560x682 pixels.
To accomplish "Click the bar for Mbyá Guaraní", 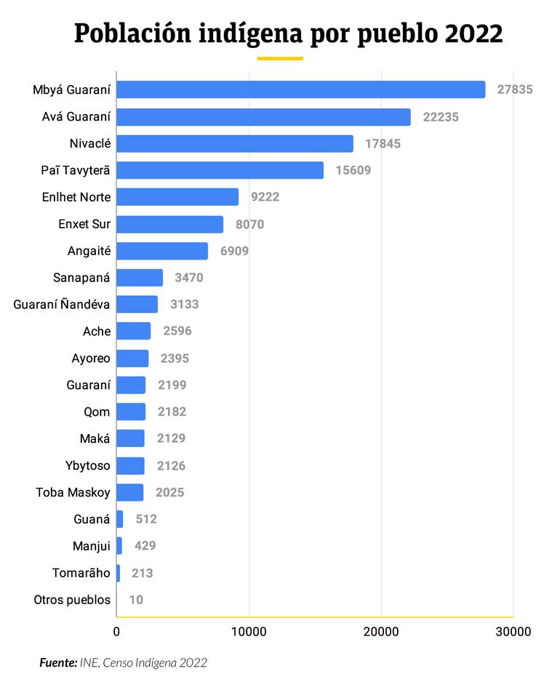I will [x=300, y=89].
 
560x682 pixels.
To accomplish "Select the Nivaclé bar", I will [x=234, y=143].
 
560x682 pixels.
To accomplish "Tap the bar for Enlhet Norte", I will [x=177, y=197].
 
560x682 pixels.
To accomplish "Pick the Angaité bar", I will [x=161, y=251].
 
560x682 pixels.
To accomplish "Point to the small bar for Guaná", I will [x=119, y=519].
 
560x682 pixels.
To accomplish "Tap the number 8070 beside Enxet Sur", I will [x=249, y=224].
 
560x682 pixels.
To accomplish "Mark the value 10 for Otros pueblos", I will [x=136, y=600].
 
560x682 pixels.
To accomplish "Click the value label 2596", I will [x=177, y=332].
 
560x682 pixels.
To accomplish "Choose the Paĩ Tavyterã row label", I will [x=76, y=170].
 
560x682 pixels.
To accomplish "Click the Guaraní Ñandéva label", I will [x=62, y=305].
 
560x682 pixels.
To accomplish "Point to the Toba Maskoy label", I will [x=73, y=492].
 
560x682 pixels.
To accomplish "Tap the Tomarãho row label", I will [x=81, y=573].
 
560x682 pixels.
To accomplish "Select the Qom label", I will [x=97, y=412].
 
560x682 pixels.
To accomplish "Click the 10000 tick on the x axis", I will [x=249, y=631].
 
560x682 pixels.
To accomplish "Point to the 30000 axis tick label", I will [x=513, y=631].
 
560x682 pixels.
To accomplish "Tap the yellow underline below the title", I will [x=280, y=58].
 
